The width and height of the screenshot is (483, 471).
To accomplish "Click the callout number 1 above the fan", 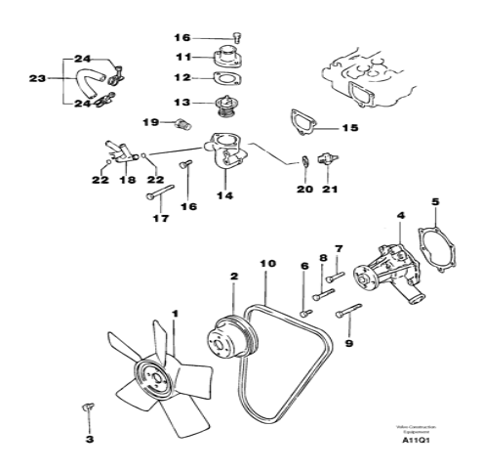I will click(176, 314).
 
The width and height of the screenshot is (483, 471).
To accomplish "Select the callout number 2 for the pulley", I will click(234, 278).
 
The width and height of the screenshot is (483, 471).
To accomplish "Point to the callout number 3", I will click(89, 439).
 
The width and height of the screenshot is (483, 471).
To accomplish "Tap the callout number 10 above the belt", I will click(268, 264).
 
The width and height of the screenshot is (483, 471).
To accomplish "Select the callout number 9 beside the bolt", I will click(350, 343).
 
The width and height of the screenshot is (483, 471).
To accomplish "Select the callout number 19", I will click(151, 122).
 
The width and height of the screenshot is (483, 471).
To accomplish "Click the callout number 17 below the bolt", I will click(160, 219).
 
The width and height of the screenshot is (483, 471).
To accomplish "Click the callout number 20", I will click(304, 189).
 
